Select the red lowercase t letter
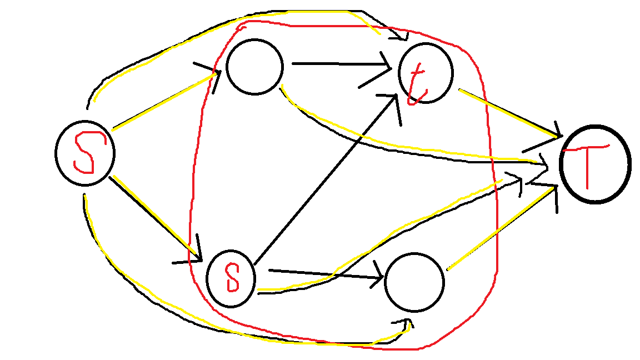[x=416, y=84]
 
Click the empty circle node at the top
[x=254, y=67]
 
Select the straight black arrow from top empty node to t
[x=339, y=64]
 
